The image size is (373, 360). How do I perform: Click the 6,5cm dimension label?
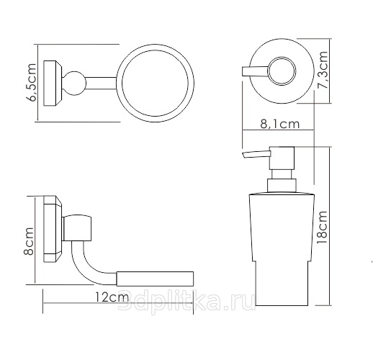pos(31,82)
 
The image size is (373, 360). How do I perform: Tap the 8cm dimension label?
pos(29,241)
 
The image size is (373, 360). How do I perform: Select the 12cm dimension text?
pos(112,297)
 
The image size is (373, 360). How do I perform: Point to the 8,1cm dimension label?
pos(280,124)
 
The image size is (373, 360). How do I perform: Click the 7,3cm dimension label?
pos(323,70)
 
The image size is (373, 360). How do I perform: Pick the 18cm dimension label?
pos(322,228)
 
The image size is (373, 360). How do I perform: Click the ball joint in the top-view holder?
pos(74,83)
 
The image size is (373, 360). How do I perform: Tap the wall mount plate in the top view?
pos(53,83)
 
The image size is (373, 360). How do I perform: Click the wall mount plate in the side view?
pos(53,229)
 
